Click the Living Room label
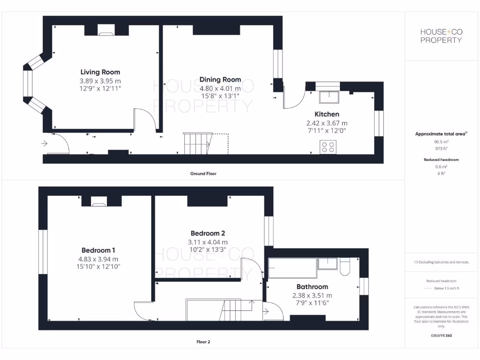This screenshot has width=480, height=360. coord(100,72)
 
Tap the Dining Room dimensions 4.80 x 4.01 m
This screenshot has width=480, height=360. coord(220,88)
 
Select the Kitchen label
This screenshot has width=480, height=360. coord(327,114)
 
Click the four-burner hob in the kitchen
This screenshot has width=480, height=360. coord(328,147)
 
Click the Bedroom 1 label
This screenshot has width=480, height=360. coord(98,250)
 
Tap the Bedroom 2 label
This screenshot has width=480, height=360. coord(208,233)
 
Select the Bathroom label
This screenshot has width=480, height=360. coord(312,287)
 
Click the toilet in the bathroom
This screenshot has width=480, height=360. coord(345,266)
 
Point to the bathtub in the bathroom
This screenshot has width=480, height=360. coord(291,268)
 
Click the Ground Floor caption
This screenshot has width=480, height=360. coord(203,173)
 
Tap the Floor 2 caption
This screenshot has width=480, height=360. coord(203,342)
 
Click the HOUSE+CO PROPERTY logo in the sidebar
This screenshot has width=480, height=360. coord(441,36)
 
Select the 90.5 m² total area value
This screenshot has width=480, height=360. coord(441,141)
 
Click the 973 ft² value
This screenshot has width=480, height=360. coord(441,149)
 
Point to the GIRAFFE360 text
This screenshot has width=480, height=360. coord(441,336)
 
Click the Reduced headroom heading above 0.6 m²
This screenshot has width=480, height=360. coord(441,160)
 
